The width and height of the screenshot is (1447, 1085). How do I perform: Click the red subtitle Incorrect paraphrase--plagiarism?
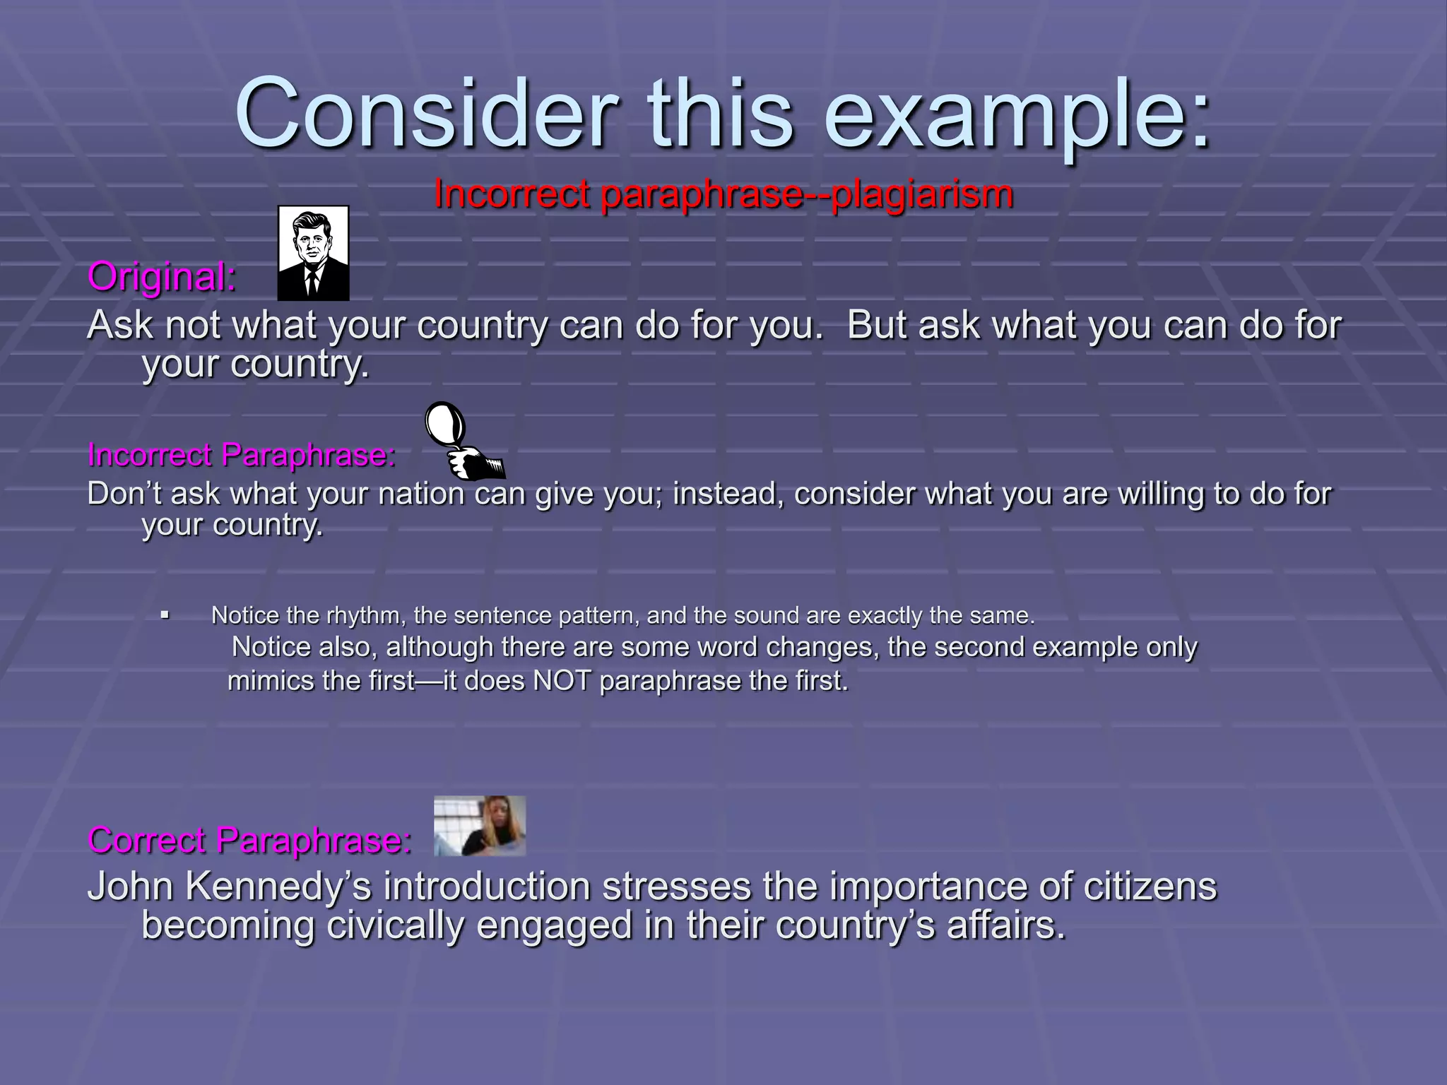point(723,194)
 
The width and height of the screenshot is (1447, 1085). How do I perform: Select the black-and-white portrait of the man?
point(313,253)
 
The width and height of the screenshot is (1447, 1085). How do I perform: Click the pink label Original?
point(162,277)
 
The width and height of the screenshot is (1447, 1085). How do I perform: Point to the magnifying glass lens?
point(446,425)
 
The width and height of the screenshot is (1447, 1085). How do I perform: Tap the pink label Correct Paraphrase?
point(249,841)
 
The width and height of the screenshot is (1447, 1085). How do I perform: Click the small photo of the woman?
point(480,826)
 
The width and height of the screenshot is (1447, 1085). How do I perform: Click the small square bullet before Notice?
point(165,615)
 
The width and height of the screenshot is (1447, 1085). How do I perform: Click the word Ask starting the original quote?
point(119,326)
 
